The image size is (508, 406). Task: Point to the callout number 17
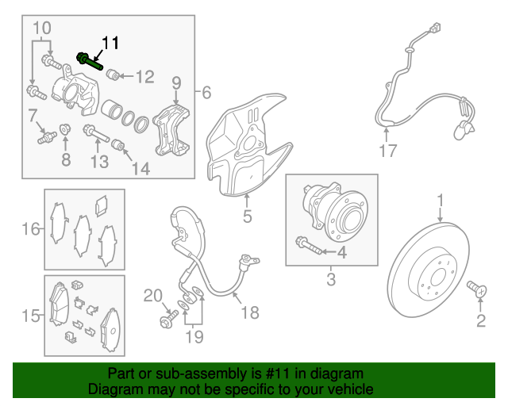tap(387, 149)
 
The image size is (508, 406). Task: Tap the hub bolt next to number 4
tap(311, 246)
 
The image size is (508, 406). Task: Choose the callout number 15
tap(29, 317)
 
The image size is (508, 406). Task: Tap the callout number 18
tap(249, 312)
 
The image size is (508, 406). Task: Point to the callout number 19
tap(194, 336)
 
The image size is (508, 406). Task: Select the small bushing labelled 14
tap(119, 144)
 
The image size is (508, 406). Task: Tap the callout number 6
tap(206, 92)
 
